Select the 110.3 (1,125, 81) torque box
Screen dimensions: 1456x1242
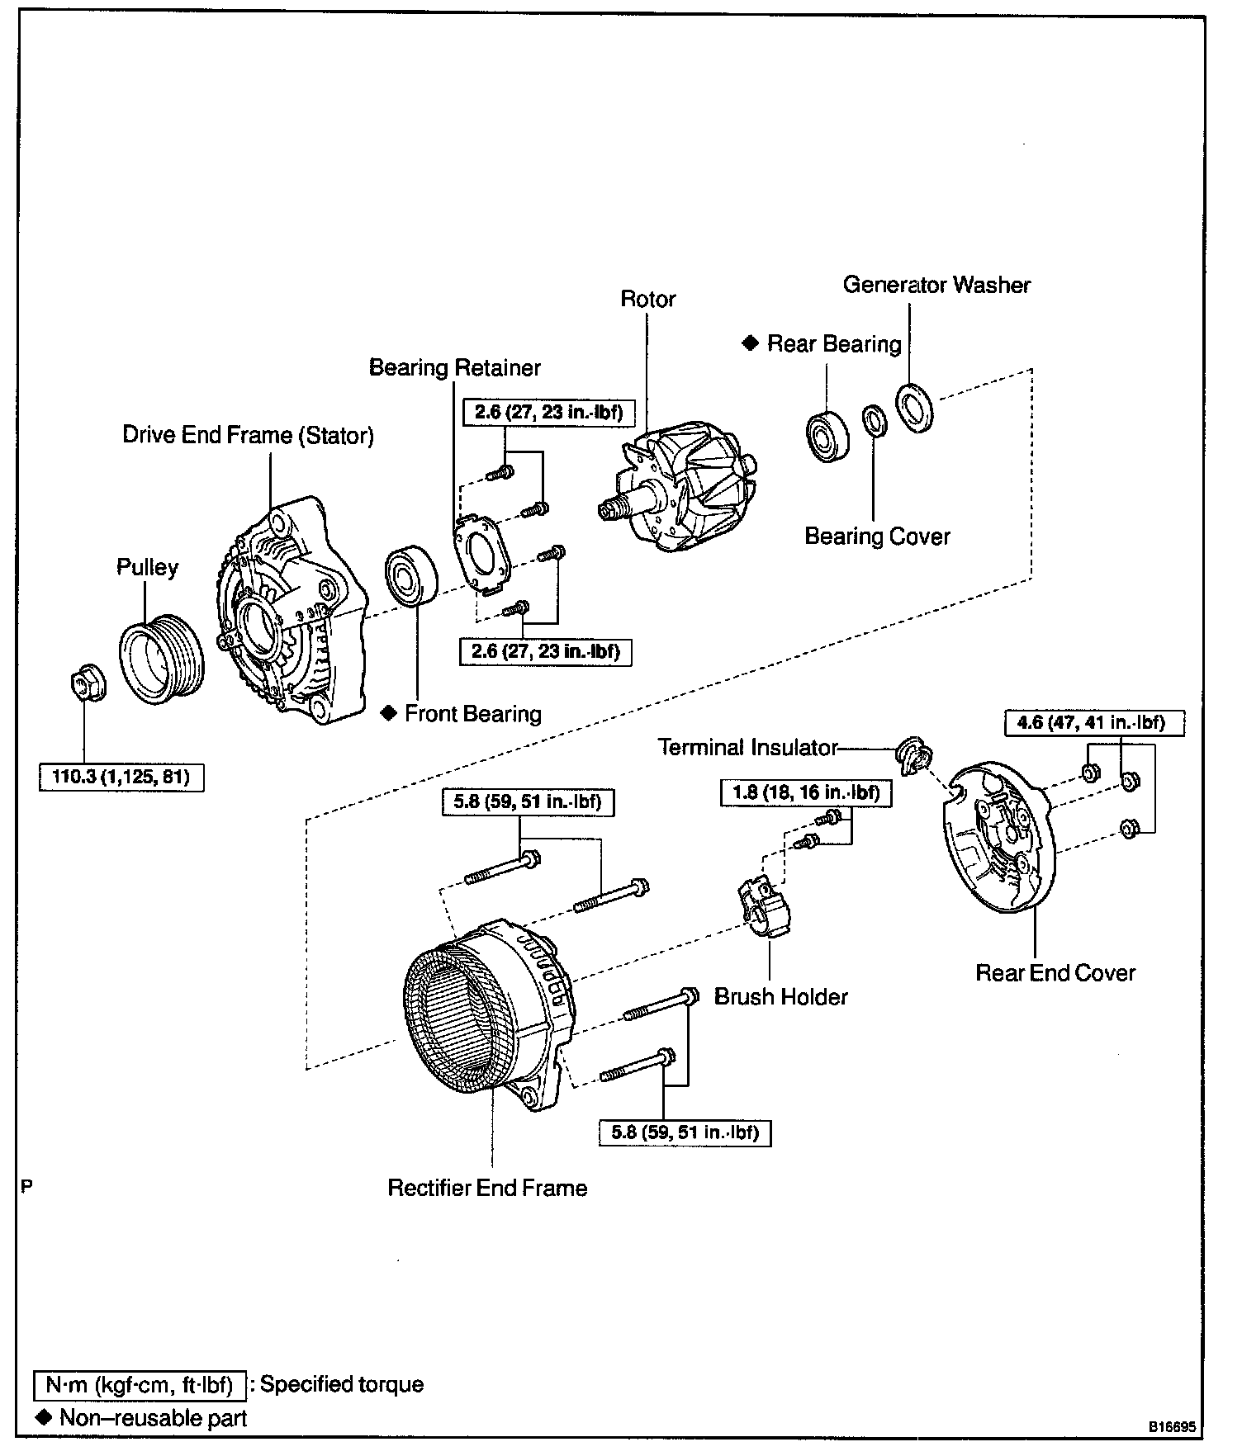tap(121, 778)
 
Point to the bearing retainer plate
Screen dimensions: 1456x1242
tap(481, 553)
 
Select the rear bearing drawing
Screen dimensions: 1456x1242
tap(828, 433)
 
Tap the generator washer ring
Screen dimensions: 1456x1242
tap(915, 408)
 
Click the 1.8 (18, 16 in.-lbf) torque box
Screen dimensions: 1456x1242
tap(806, 793)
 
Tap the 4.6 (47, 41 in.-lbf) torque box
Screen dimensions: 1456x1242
tap(1094, 723)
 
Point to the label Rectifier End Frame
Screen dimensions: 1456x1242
tap(487, 1188)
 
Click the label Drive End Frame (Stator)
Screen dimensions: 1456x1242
tap(248, 435)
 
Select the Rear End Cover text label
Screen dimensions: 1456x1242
tap(1055, 972)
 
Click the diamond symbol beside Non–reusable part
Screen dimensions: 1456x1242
tap(45, 1417)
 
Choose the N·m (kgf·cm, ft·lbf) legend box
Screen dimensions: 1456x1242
tap(140, 1384)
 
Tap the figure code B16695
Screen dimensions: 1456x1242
tap(1170, 1426)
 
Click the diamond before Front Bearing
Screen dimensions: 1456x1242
tap(389, 713)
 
